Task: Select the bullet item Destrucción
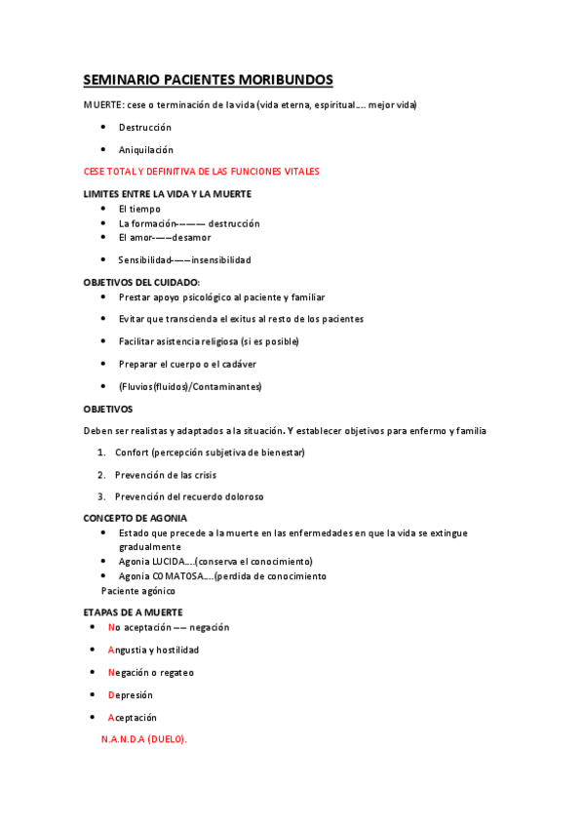(144, 128)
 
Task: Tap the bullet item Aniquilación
(145, 150)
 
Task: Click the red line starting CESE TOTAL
(202, 172)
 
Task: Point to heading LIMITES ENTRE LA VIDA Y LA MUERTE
(168, 194)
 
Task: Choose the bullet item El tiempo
(139, 209)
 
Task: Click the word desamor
(192, 238)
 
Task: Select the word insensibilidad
(221, 260)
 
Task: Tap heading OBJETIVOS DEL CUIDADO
(141, 282)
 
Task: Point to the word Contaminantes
(229, 386)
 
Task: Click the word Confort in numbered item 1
(134, 453)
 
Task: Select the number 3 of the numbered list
(101, 496)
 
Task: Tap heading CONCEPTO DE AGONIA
(136, 518)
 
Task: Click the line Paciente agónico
(137, 591)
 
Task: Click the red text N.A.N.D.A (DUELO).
(143, 739)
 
